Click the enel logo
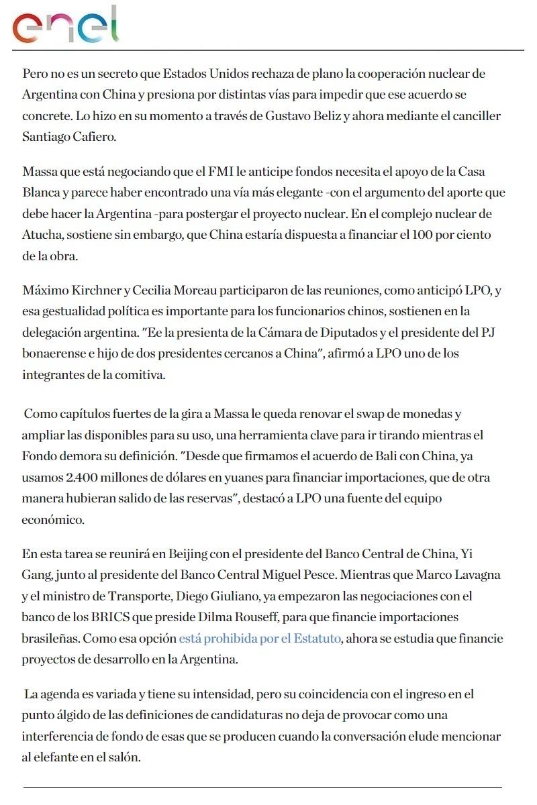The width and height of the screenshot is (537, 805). click(x=65, y=25)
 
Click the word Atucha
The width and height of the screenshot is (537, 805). click(x=41, y=235)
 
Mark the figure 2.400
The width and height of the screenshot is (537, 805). click(x=76, y=478)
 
